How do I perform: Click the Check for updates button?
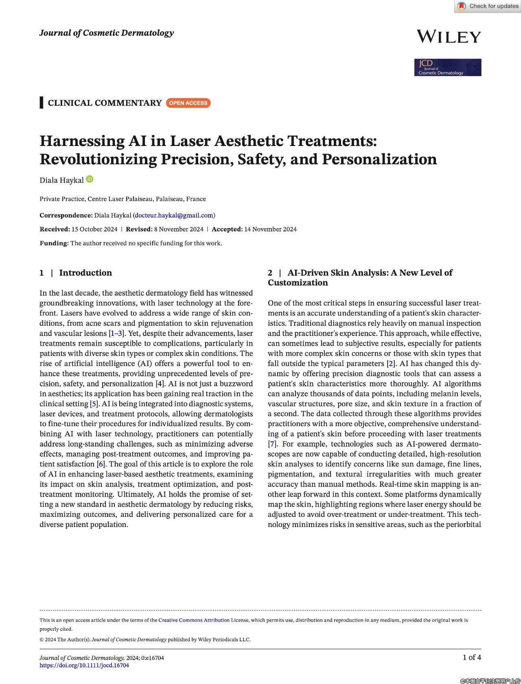coord(488,6)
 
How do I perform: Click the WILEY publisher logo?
coord(449,37)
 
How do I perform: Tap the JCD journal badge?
coord(448,68)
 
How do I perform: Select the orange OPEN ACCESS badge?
coord(188,103)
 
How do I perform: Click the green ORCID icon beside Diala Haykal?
coord(90,179)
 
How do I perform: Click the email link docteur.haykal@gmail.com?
coord(174,215)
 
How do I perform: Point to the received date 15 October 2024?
coord(94,229)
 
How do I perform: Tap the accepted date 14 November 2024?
coord(270,229)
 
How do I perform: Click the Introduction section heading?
coord(85,273)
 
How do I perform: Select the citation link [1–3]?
coord(116,333)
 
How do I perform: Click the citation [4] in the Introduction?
coord(160,384)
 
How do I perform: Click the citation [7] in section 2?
coord(272,444)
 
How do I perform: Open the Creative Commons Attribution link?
coord(194,620)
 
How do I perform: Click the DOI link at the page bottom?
coord(84,665)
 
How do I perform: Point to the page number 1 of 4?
coord(472,657)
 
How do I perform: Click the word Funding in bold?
coord(54,243)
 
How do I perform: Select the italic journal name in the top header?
coord(107,33)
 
